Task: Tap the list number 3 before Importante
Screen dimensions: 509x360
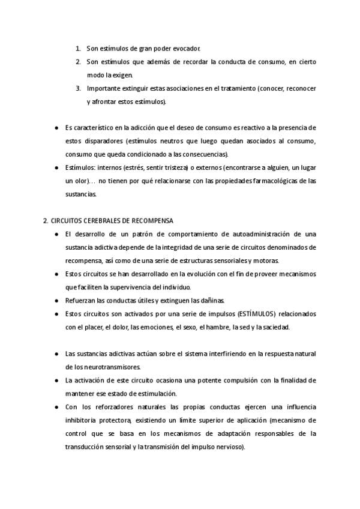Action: point(78,88)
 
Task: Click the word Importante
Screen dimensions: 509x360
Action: point(103,88)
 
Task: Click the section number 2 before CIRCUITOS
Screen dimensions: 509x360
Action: point(45,220)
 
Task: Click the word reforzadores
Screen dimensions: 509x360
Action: point(115,406)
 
